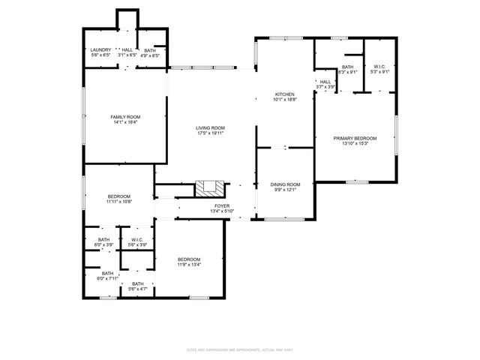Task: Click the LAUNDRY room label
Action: [x=100, y=49]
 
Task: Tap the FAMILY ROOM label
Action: [x=125, y=117]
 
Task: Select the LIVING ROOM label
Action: [x=211, y=128]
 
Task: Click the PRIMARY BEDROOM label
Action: [x=355, y=139]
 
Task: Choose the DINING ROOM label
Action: [x=285, y=184]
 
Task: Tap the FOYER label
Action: [x=223, y=206]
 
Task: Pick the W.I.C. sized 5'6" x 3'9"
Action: [x=137, y=241]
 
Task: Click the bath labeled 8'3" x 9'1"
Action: [x=347, y=69]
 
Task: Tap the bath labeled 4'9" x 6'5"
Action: [x=151, y=52]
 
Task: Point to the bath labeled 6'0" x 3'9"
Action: [x=103, y=241]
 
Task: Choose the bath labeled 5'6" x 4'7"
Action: [x=137, y=285]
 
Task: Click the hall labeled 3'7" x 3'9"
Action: [x=325, y=84]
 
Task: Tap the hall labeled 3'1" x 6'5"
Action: [x=127, y=52]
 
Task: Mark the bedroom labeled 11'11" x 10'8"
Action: [x=118, y=198]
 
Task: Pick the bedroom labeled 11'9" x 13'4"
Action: [x=189, y=261]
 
